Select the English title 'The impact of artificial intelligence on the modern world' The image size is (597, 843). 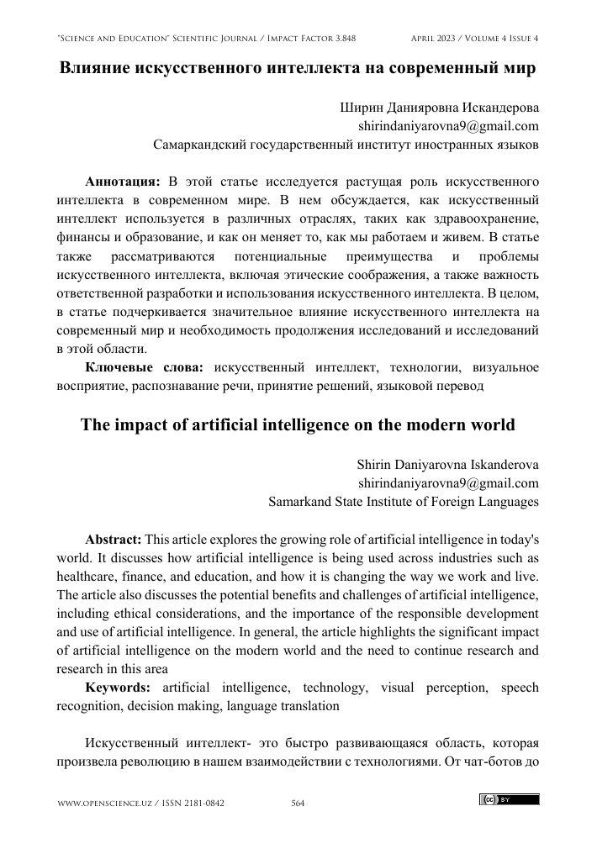tap(298, 424)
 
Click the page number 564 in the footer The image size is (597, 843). tap(297, 804)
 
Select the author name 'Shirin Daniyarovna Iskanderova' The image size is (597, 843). tap(447, 465)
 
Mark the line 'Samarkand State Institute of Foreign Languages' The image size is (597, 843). tap(404, 502)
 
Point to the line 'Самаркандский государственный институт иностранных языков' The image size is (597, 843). tap(346, 145)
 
